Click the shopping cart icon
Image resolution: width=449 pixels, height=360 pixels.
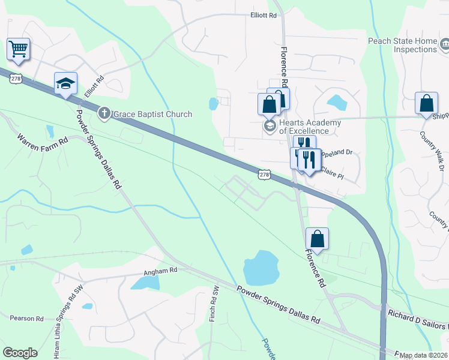pyautogui.click(x=19, y=48)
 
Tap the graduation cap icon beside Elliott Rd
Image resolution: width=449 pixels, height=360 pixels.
pyautogui.click(x=65, y=83)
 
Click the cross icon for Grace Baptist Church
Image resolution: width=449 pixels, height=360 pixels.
pyautogui.click(x=104, y=113)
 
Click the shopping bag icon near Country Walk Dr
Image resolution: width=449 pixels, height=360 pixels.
pyautogui.click(x=426, y=103)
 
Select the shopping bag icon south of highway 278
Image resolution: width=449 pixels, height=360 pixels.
pyautogui.click(x=317, y=238)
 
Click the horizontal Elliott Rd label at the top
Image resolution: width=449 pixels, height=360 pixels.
pyautogui.click(x=264, y=16)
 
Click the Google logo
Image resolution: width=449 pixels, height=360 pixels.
pyautogui.click(x=20, y=353)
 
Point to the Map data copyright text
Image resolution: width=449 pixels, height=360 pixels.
pyautogui.click(x=424, y=355)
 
